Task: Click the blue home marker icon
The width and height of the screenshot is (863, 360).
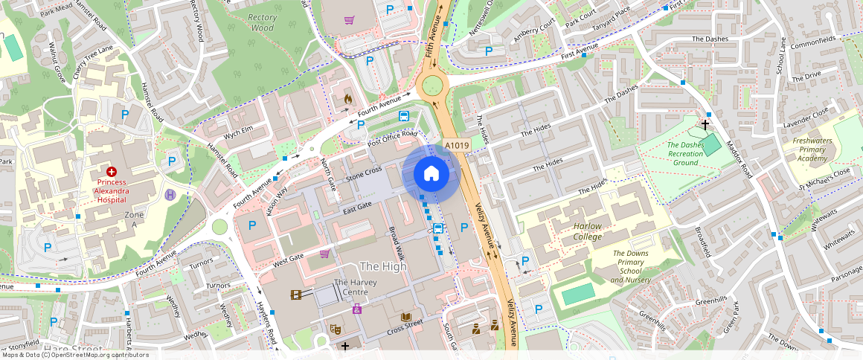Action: (x=431, y=174)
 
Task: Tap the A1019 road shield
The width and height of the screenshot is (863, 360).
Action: (x=456, y=146)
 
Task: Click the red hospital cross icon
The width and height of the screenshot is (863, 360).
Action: (x=111, y=172)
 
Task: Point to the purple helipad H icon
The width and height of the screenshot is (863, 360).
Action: (x=170, y=195)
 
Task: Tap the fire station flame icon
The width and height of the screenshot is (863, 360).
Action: (x=347, y=98)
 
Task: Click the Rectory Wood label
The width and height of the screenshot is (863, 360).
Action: (x=262, y=23)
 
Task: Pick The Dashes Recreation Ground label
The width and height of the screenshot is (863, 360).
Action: (x=684, y=154)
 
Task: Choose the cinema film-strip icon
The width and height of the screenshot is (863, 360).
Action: (x=297, y=295)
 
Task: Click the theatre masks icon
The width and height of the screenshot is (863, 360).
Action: (x=336, y=327)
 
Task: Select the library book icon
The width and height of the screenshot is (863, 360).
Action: (x=405, y=317)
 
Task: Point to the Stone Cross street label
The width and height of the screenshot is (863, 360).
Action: (x=364, y=174)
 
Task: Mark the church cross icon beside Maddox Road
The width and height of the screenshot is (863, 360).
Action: (x=705, y=124)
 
